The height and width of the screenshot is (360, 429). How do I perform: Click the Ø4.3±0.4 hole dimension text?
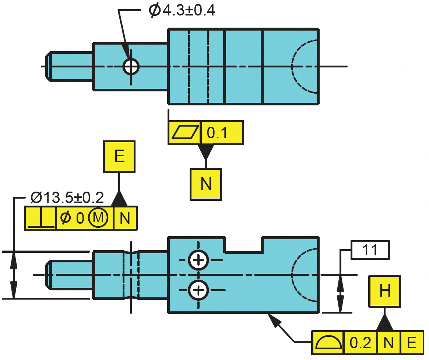182,10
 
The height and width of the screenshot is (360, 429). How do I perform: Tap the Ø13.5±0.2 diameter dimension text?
67,198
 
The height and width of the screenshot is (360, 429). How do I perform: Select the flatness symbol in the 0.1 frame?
185,133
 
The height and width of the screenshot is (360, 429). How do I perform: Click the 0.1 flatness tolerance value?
217,133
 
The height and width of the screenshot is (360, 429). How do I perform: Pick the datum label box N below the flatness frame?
206,184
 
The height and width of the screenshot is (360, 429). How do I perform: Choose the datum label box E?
119,157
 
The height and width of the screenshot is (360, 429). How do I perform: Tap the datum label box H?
385,291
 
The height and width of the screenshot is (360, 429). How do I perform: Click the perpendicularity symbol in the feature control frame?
41,218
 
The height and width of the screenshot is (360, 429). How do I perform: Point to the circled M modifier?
98,218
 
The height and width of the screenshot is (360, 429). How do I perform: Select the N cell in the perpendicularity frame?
125,218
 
